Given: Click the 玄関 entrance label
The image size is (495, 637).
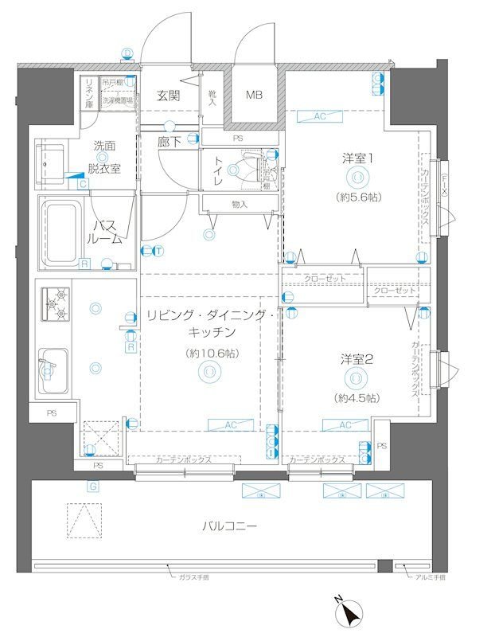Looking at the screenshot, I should tap(168, 96).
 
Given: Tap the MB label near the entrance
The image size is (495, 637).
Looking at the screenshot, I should tap(253, 96).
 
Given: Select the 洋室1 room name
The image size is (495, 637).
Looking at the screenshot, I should tap(358, 158).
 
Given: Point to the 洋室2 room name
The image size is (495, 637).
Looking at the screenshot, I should tap(357, 359).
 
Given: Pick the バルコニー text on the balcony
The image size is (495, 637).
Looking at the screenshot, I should tap(229, 526).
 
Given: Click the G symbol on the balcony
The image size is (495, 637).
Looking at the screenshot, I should tap(93, 486).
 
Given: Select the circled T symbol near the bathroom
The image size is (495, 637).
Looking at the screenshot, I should tap(158, 252).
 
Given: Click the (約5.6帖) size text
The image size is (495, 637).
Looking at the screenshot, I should tap(357, 196).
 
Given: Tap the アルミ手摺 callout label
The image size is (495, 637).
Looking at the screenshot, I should tap(430, 578).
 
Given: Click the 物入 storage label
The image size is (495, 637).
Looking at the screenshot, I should tap(240, 205).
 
